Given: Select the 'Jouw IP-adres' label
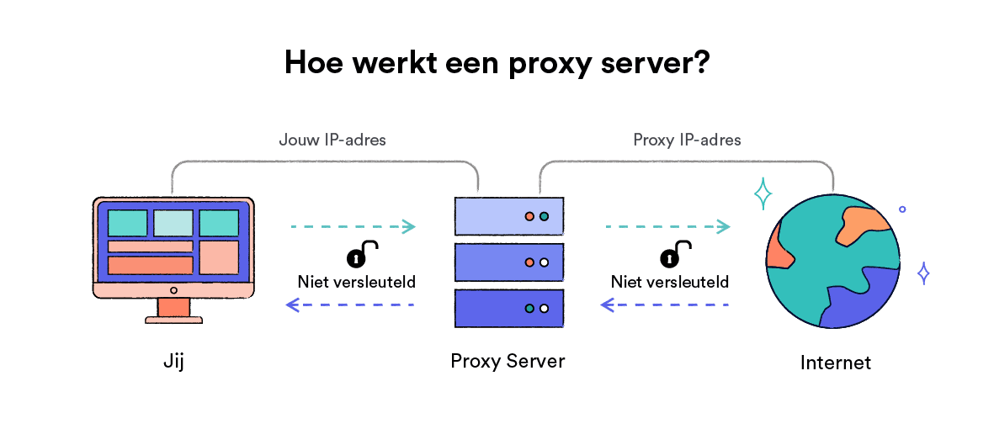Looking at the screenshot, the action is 332,140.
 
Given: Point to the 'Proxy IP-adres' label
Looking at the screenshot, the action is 687,140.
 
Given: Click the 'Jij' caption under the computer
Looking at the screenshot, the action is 173,362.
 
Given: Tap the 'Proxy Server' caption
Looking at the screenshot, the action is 508,361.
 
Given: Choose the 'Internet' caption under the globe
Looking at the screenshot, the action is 836,363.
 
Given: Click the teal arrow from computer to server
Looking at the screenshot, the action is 353,226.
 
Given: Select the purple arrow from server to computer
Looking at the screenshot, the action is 350,305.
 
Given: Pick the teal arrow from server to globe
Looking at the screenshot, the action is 667,226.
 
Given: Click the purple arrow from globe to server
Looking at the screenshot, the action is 664,305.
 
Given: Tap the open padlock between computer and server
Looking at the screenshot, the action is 362,253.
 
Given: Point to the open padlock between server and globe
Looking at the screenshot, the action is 676,253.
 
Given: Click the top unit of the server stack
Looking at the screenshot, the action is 509,216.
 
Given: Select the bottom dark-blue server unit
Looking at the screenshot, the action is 509,308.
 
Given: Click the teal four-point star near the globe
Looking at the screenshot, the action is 763,194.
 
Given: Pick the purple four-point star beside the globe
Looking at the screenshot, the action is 923,273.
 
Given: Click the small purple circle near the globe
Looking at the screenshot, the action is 903,209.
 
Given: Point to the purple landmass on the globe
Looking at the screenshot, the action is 862,298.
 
